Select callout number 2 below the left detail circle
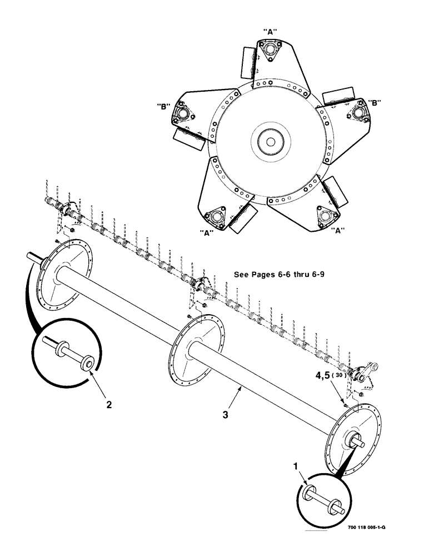coord(109,405)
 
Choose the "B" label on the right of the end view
coord(375,102)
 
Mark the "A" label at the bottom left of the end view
coord(208,234)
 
